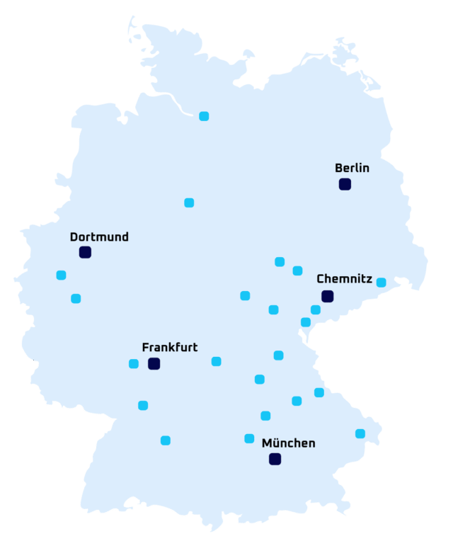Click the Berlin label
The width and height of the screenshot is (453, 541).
pos(352,169)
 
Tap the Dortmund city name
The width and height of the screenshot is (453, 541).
pos(99,237)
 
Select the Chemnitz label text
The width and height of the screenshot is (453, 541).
pos(344,279)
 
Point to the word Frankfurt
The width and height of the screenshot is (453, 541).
pos(170,348)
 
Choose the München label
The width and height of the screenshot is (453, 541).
pos(288,443)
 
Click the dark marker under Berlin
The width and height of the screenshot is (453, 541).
pos(345,184)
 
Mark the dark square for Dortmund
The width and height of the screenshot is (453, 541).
pos(85,252)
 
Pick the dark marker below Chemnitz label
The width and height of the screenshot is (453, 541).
pos(327,296)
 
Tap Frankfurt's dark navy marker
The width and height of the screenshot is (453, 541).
pos(154,364)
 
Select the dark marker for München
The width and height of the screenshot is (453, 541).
pos(275,459)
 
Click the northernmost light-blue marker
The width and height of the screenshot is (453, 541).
pos(204,116)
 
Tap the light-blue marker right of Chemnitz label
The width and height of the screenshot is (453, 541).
pos(382,283)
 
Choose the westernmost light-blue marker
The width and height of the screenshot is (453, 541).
pos(61,275)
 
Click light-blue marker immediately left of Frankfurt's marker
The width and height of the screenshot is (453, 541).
pos(134,364)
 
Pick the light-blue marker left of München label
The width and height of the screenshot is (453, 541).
pos(249,438)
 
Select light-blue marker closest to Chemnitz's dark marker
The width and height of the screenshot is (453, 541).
pos(316,309)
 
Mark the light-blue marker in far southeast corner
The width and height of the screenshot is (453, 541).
pos(360,433)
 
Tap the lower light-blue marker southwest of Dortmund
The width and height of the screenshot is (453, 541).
pos(76,299)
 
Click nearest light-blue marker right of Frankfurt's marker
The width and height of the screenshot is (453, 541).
pos(216,362)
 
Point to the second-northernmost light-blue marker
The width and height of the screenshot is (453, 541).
pos(189,203)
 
